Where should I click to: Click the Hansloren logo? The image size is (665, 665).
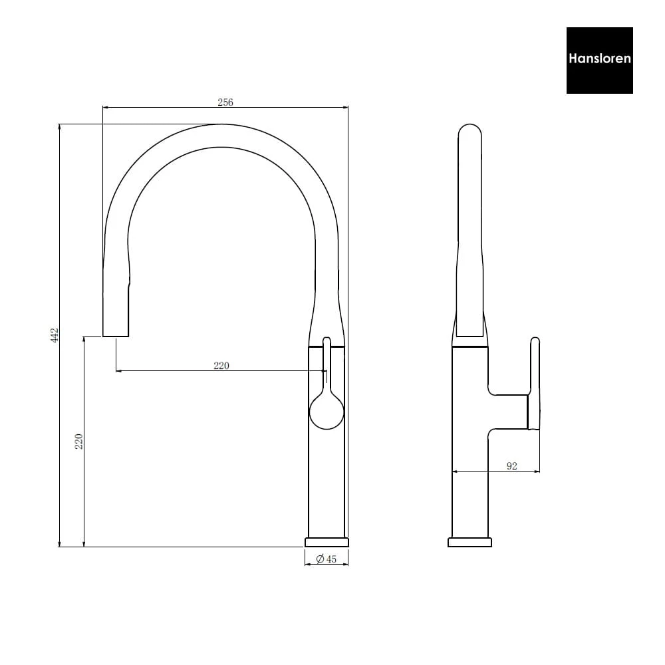[599, 61]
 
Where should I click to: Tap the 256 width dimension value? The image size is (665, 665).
[225, 102]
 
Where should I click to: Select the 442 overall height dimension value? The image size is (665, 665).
[55, 335]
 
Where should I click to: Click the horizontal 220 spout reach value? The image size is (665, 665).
[221, 365]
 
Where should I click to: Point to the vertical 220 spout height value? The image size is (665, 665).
[78, 442]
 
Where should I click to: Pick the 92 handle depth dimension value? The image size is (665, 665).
[512, 466]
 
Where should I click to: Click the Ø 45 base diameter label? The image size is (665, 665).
[326, 559]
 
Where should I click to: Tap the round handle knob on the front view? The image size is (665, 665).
[327, 412]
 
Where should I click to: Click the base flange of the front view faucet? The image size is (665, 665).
[327, 542]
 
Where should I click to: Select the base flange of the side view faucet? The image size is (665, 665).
[469, 542]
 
